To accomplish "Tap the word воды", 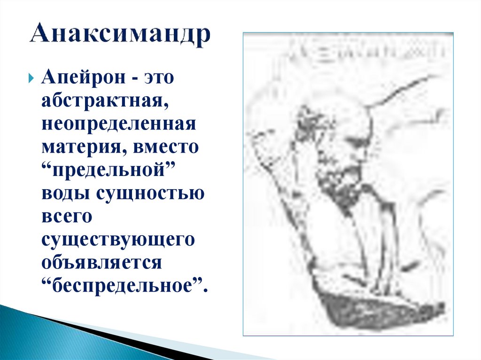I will pos(65,193).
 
